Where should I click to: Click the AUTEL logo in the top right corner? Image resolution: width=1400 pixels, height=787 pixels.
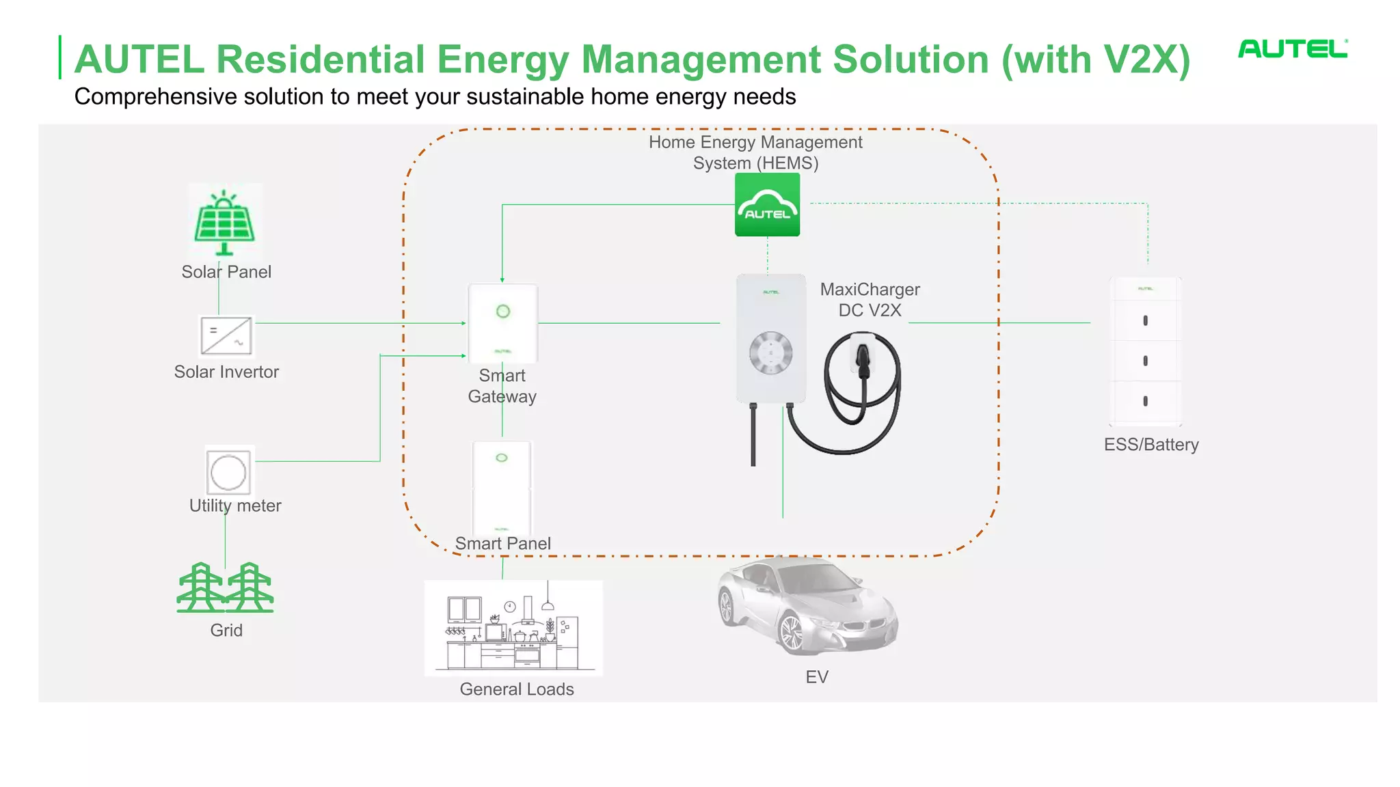pos(1292,49)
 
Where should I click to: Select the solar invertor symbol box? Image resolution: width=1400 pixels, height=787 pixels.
pos(226,336)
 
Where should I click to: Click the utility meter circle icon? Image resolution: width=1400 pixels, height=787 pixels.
pos(228,472)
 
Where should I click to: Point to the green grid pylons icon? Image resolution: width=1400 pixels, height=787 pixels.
pos(225,588)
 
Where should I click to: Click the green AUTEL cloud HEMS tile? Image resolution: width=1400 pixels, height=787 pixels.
pos(767,205)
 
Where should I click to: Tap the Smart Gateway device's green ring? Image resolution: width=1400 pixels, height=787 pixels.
pos(503,312)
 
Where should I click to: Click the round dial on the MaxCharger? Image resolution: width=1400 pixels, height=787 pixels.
pos(770,353)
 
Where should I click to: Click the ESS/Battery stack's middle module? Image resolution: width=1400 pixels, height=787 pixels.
pos(1146,361)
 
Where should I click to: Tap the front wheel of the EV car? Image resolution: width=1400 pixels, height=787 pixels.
pos(791,633)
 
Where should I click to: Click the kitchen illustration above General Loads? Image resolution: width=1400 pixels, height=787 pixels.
pos(513,628)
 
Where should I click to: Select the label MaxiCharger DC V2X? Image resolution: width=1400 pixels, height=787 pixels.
pos(870,300)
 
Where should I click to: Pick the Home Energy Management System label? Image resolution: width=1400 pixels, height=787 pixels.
pos(755,152)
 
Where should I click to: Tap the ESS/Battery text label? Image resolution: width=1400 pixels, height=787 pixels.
pos(1151,445)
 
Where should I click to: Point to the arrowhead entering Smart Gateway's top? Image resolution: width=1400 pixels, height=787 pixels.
pos(502,279)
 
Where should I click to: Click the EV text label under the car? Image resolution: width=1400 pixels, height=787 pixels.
pos(816,677)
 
